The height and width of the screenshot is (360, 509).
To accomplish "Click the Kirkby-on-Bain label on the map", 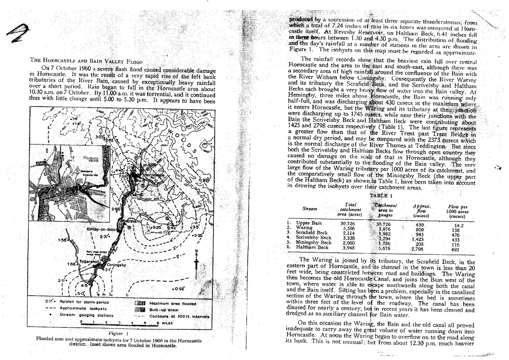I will (101, 230).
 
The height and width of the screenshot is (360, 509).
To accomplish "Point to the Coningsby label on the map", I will (116, 265).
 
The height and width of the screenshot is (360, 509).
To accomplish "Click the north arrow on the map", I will (196, 259).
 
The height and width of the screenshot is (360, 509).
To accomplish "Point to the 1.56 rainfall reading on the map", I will (62, 240).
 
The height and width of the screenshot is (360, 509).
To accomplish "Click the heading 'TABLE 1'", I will (381, 195).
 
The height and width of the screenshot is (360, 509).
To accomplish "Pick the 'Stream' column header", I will (309, 208).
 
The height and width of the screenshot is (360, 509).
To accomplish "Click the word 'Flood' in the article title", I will (134, 62).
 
